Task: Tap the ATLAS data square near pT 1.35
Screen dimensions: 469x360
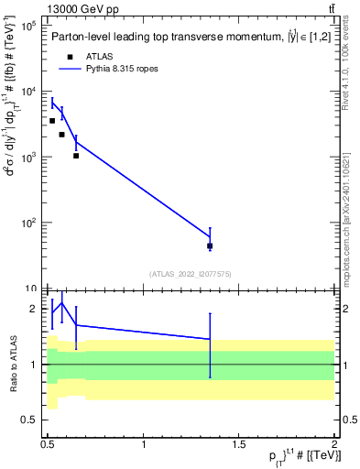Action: pos(210,245)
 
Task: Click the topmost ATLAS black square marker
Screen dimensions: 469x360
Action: pos(52,121)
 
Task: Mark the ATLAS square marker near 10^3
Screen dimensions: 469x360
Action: pos(76,156)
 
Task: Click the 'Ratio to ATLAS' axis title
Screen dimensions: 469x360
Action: pos(13,364)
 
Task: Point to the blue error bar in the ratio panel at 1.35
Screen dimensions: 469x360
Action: pos(211,344)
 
